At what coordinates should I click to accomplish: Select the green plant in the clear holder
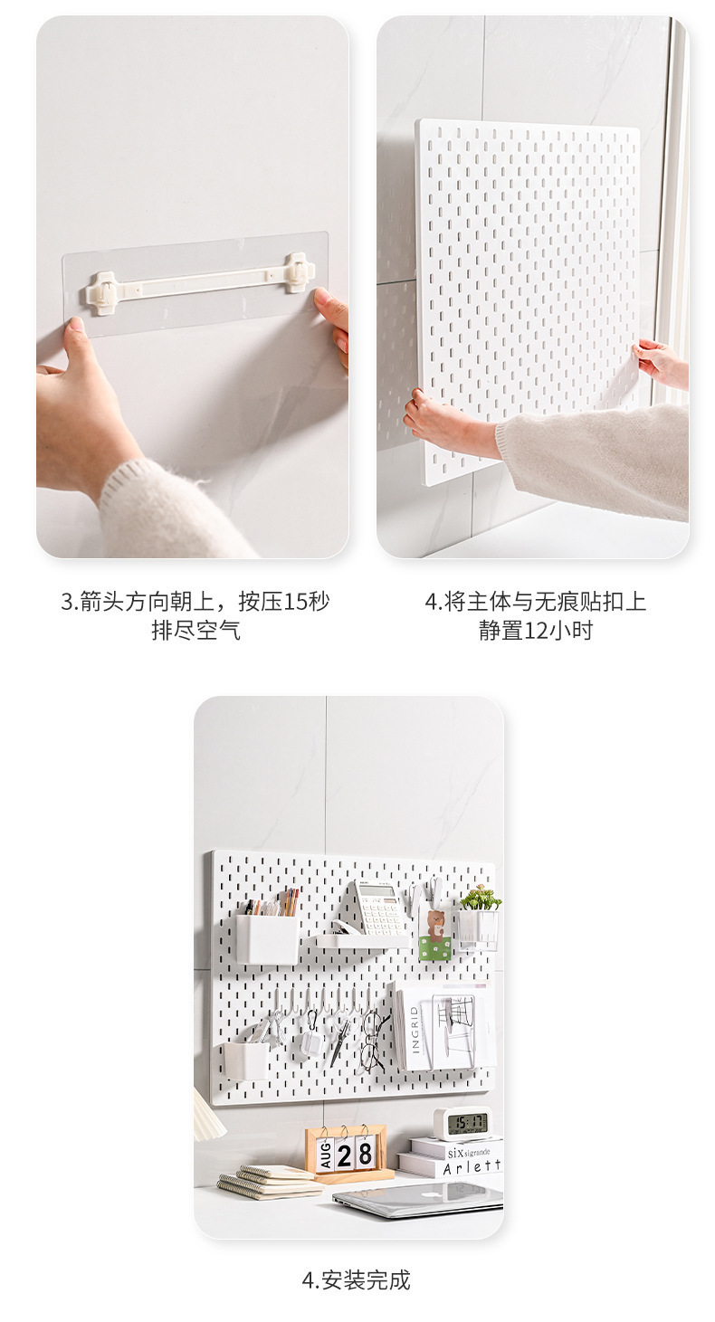[480, 898]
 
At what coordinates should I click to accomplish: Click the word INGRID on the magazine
[415, 1029]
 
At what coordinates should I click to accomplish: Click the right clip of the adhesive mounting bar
[298, 272]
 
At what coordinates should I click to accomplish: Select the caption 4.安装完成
[356, 1279]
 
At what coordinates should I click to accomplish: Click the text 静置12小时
[535, 631]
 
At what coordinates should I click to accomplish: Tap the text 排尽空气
[195, 631]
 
